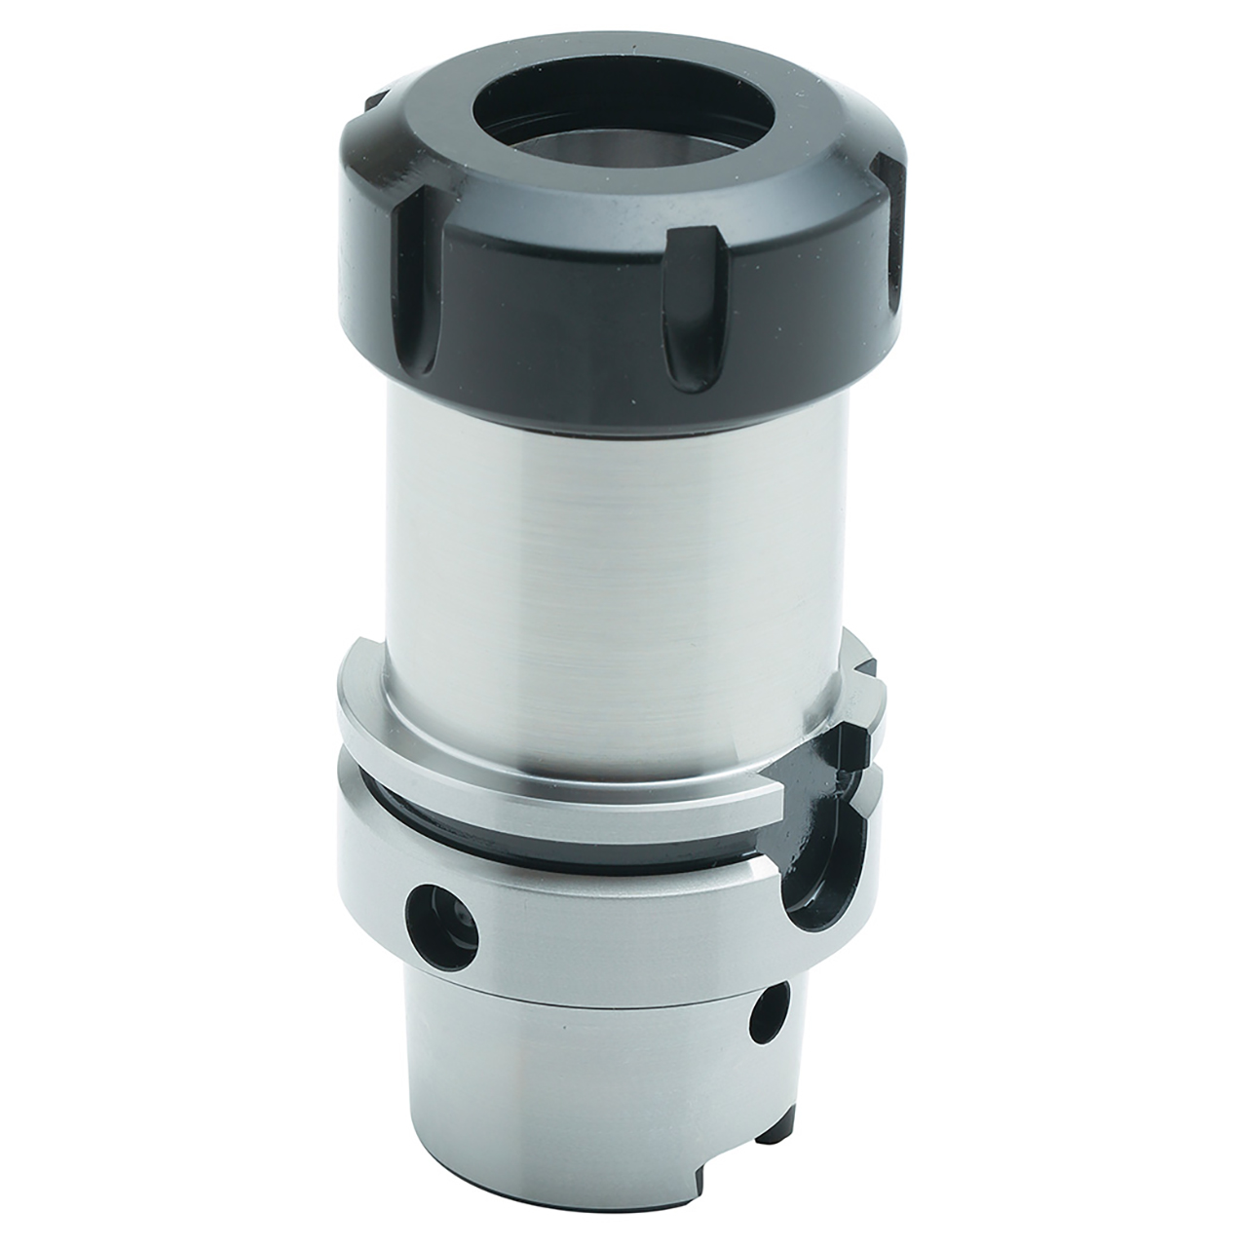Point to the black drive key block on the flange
click(x=857, y=740)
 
